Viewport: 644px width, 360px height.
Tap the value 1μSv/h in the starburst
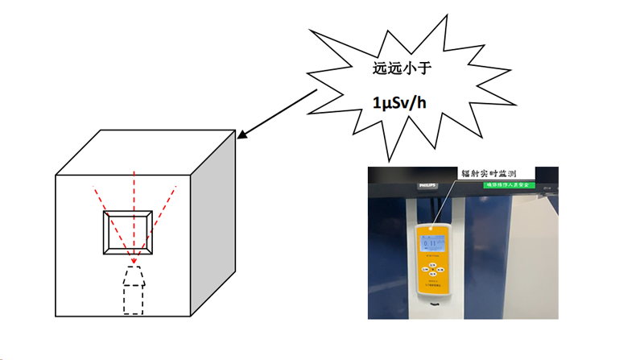(x=401, y=102)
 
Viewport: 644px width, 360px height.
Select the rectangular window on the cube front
(x=127, y=234)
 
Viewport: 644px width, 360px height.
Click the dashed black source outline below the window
(x=134, y=291)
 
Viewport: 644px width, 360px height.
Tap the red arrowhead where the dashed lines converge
(x=132, y=261)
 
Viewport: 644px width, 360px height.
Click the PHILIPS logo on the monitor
(x=427, y=186)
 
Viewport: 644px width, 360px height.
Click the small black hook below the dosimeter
(x=436, y=305)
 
